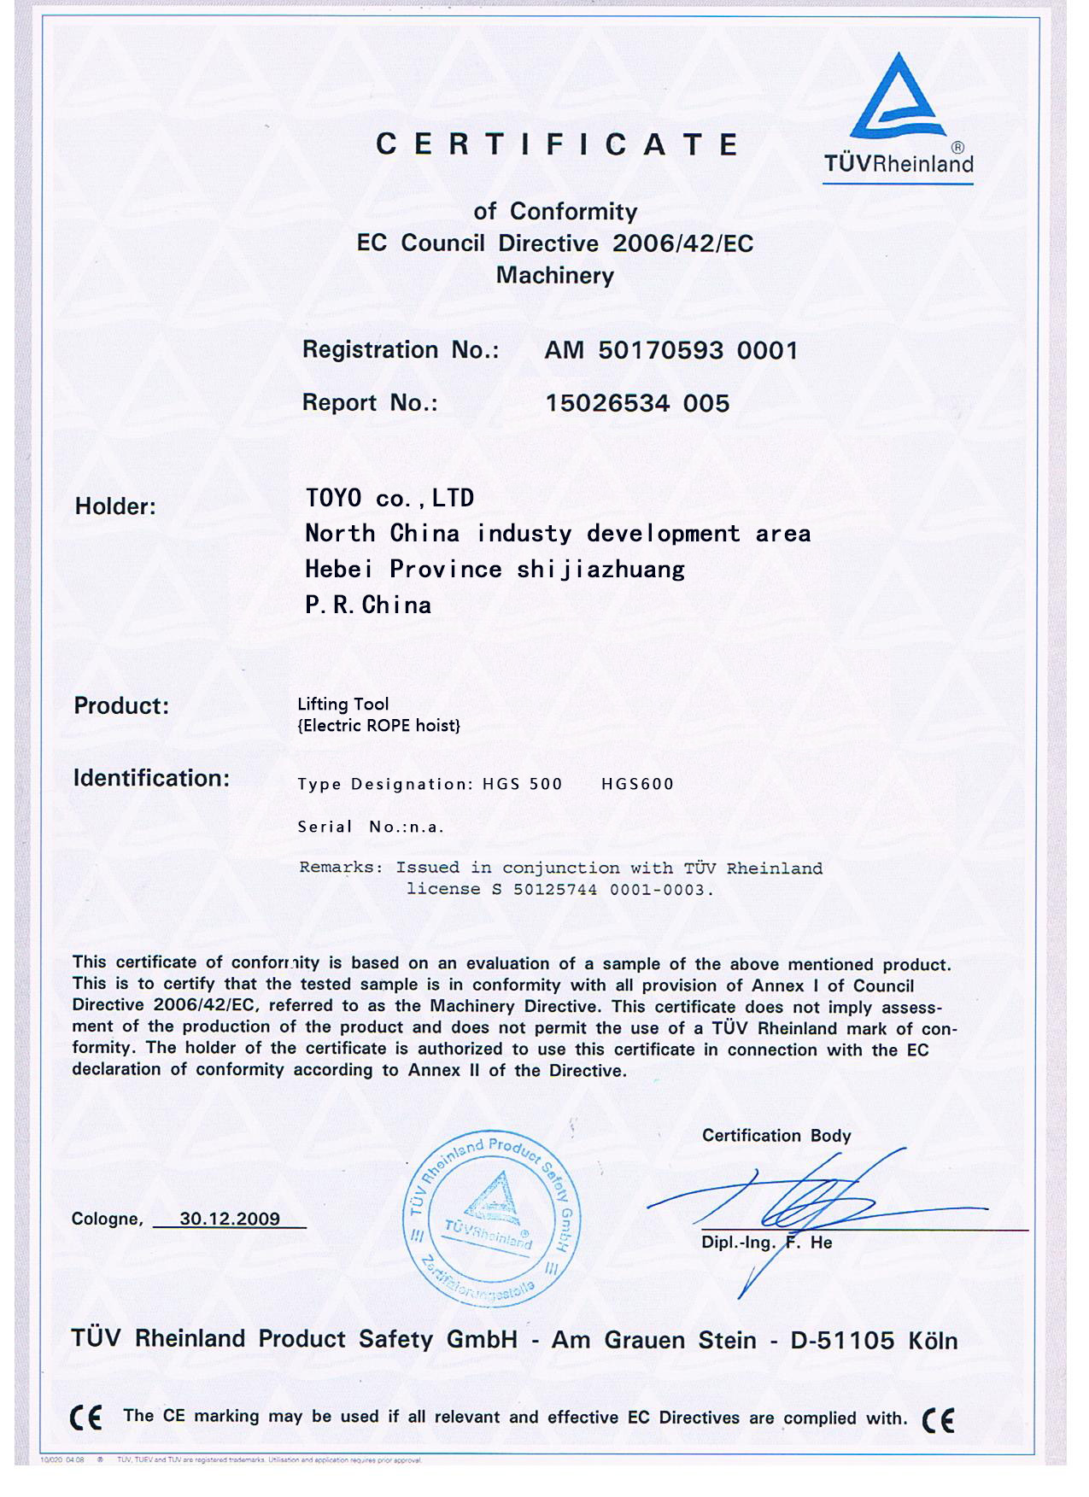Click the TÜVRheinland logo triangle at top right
point(898,98)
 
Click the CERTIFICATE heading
point(558,144)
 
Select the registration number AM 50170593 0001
point(670,350)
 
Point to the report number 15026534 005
point(637,403)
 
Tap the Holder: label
point(115,506)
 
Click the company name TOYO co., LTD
point(389,498)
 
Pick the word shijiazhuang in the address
point(600,569)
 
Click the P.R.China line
point(368,605)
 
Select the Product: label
point(121,705)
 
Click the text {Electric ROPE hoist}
point(378,726)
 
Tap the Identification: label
point(151,778)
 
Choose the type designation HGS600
point(637,784)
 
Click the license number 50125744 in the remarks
point(555,890)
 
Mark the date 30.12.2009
point(230,1219)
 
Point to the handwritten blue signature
point(811,1204)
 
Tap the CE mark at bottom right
point(938,1419)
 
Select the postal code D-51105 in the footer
point(842,1340)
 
